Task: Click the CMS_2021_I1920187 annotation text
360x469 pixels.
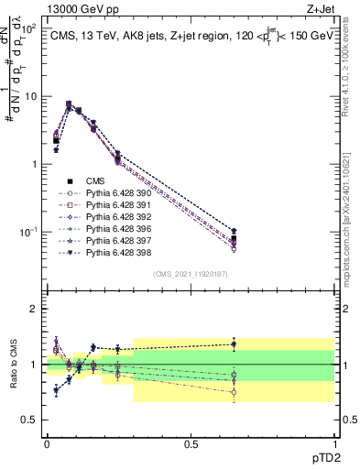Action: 191,274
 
